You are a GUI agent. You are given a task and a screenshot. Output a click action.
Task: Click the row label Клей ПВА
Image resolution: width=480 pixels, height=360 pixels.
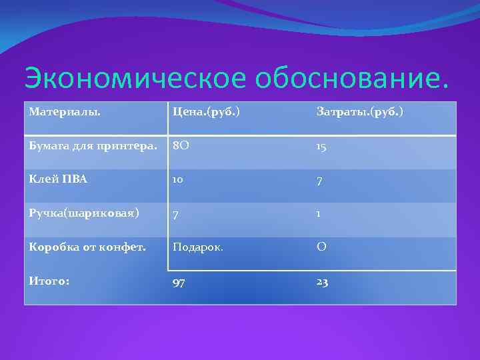[58, 179]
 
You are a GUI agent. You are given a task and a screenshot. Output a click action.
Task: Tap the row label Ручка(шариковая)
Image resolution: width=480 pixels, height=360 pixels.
[84, 213]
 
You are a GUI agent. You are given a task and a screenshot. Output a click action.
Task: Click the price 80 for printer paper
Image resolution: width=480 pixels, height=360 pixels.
[181, 145]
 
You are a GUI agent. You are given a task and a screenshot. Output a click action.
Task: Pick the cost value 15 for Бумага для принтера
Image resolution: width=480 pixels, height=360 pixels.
[321, 147]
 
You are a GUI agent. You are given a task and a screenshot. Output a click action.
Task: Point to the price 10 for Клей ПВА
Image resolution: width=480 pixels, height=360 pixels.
[179, 180]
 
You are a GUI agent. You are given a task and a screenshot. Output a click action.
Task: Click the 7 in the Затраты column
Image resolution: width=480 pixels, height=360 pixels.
[319, 181]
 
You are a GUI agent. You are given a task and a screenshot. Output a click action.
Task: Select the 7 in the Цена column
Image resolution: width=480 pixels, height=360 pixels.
[175, 214]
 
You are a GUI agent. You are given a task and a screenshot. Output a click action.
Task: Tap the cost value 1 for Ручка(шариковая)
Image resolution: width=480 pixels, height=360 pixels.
[319, 213]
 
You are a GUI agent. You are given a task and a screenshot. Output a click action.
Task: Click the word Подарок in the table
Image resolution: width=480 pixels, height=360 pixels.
[197, 247]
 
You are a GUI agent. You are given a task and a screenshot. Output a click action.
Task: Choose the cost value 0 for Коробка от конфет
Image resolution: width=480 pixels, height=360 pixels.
[321, 247]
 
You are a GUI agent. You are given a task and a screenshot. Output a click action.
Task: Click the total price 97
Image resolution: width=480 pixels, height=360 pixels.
[179, 283]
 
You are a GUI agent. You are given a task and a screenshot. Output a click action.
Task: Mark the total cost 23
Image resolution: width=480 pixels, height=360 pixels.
[322, 282]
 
